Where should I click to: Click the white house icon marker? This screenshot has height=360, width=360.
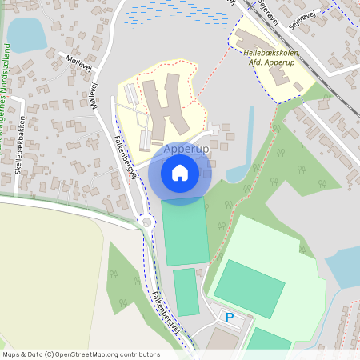pos(180,172)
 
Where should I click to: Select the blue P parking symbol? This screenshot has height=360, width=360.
pos(230,318)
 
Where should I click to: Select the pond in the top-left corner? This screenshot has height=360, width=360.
pos(26,34)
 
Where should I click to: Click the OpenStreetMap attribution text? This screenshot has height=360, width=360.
pos(81,354)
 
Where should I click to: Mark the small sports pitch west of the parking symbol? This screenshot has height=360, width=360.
pos(186,291)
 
